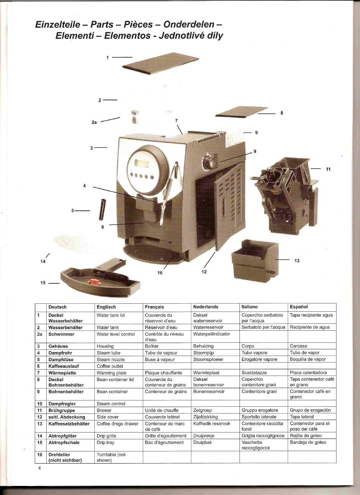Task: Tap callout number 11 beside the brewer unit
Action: coord(328,169)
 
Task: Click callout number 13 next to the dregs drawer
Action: coord(297,261)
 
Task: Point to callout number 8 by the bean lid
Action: coord(282,112)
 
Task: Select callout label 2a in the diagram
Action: coord(94,122)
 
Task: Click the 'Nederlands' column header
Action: coord(206,307)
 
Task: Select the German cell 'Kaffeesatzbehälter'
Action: coord(69,423)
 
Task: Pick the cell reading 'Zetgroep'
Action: coord(202,410)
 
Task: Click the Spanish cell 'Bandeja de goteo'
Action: coord(308,442)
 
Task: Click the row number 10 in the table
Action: coord(39,404)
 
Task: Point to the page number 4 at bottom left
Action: coord(39,468)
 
